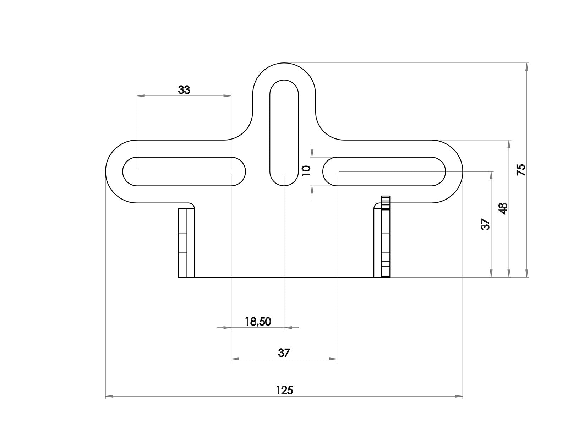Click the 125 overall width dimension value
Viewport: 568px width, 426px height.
pyautogui.click(x=284, y=390)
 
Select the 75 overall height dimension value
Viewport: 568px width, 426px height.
pyautogui.click(x=521, y=170)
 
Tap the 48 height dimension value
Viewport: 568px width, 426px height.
pyautogui.click(x=503, y=208)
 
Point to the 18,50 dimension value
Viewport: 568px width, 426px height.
pyautogui.click(x=258, y=322)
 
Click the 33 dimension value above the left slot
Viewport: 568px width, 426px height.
pyautogui.click(x=184, y=90)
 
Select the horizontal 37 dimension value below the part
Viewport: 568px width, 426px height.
pyautogui.click(x=284, y=353)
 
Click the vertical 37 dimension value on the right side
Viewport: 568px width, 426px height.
pyautogui.click(x=485, y=224)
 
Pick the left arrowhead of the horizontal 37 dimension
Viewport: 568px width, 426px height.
pyautogui.click(x=235, y=359)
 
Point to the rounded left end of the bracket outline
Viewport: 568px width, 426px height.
pyautogui.click(x=106, y=171)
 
